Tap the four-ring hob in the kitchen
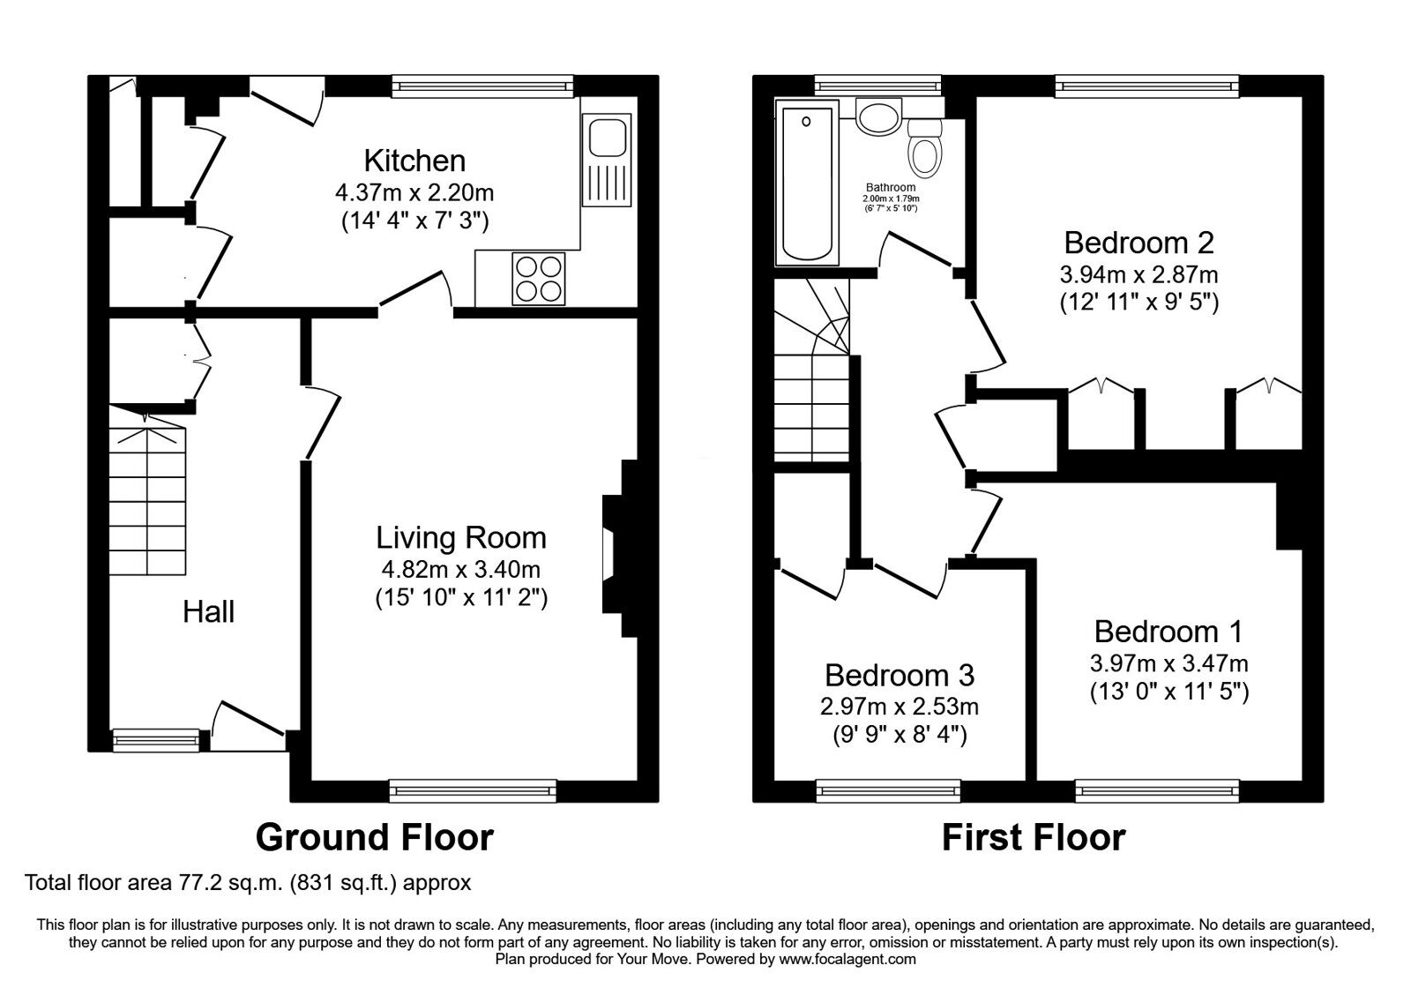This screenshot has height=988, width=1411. [539, 279]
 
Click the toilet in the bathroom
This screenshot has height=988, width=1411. [924, 150]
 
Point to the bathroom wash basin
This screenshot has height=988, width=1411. [878, 116]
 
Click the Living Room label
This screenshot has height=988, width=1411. [460, 537]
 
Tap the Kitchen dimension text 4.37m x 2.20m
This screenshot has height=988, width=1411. [414, 191]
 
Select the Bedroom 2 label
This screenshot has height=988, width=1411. [1139, 242]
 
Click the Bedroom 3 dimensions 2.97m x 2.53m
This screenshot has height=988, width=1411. [900, 707]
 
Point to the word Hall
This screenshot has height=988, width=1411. [208, 611]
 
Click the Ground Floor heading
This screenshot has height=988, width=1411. [375, 837]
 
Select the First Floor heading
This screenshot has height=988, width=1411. [1034, 837]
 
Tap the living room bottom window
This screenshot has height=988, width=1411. [474, 790]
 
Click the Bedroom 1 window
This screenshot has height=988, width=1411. [1157, 790]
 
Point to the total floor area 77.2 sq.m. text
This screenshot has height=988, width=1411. [248, 882]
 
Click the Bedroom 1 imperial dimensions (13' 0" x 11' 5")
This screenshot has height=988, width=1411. [1168, 692]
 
